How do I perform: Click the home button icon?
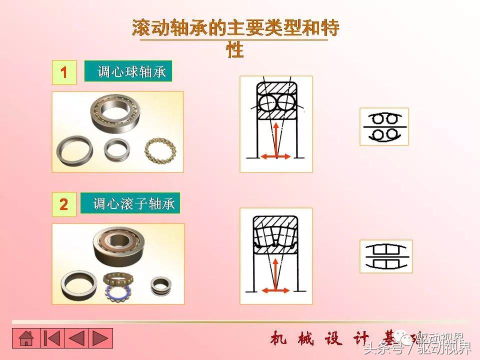[25, 338]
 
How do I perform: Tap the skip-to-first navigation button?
[51, 338]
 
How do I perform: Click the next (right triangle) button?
[100, 338]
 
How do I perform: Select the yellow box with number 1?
[64, 72]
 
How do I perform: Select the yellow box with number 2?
[64, 204]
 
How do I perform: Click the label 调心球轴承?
[128, 71]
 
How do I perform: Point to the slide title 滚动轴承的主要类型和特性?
[235, 29]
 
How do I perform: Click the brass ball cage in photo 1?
[157, 149]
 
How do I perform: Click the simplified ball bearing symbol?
[384, 126]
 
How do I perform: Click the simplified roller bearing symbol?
[386, 256]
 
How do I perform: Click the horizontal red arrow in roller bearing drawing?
[275, 289]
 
